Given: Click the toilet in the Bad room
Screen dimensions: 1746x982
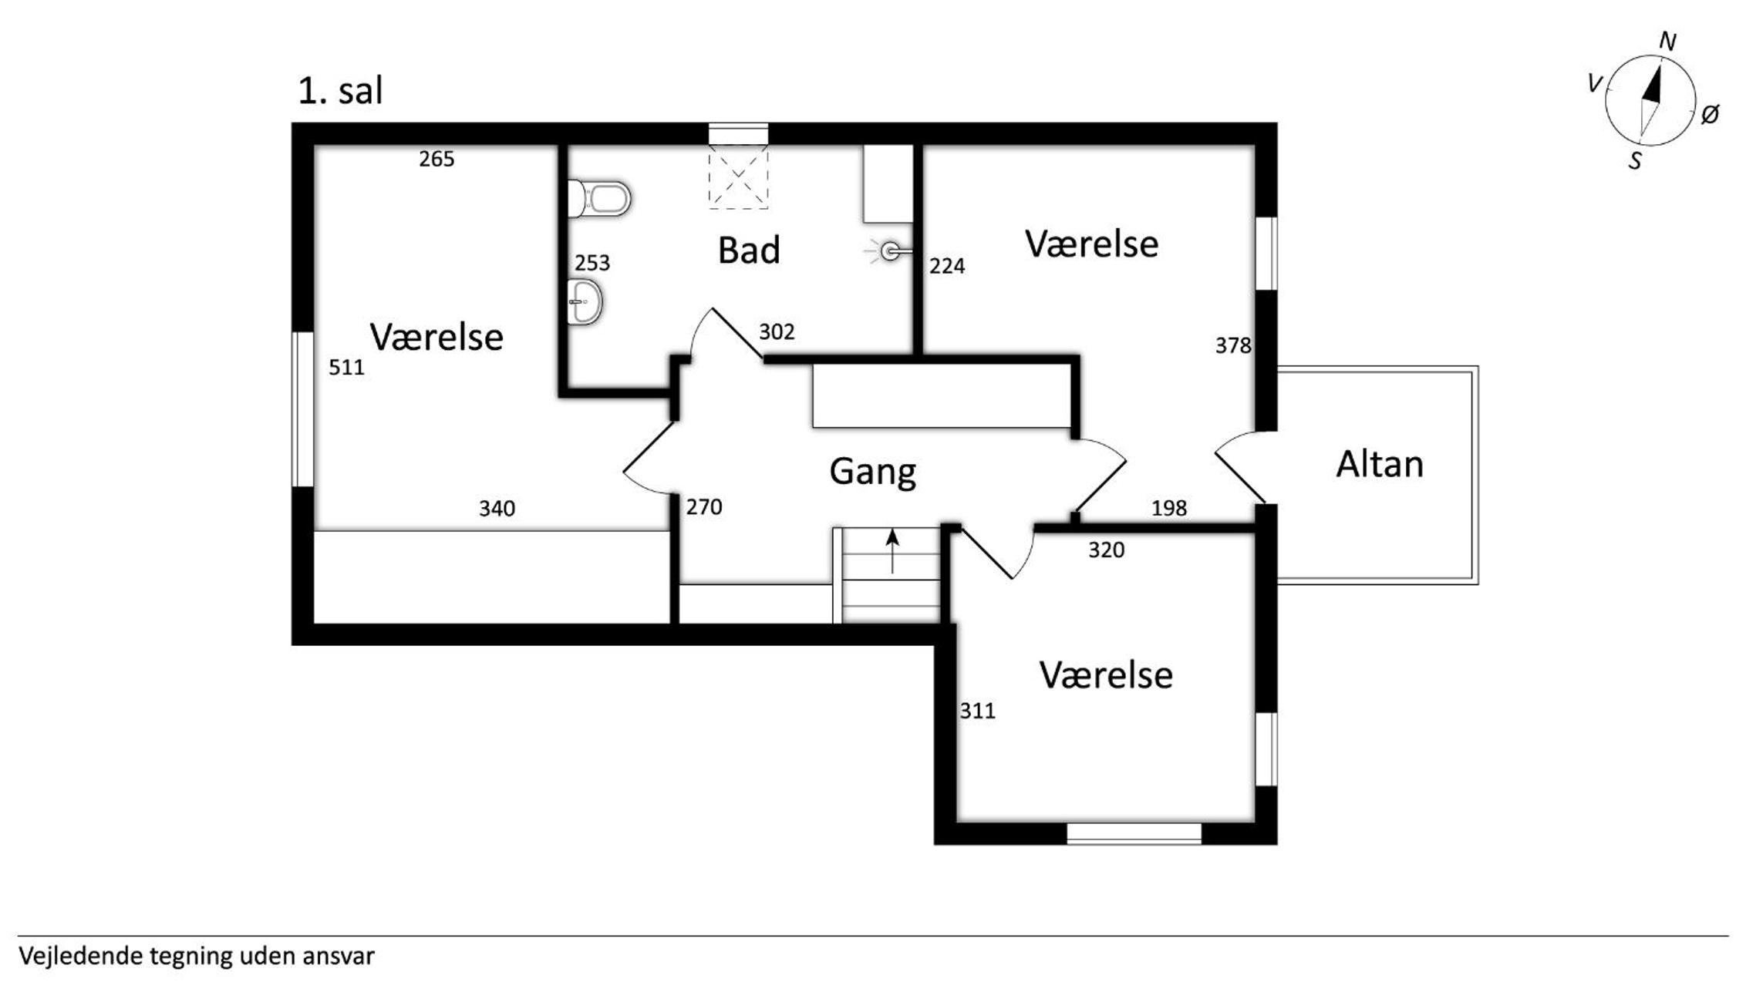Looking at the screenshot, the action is point(599,199).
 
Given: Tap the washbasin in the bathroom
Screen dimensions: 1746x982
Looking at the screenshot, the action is point(585,301).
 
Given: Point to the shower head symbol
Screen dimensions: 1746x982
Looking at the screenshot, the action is point(889,251).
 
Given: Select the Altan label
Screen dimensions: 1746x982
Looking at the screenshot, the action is point(1380,464).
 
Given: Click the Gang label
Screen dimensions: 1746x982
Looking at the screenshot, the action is point(872,472).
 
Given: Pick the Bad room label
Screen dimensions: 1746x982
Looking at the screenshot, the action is point(749,250).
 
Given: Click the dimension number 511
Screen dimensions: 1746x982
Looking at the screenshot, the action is point(346,367).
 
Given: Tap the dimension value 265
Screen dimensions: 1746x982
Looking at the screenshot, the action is point(436,159).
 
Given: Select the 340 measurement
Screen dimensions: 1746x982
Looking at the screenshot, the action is point(497,509).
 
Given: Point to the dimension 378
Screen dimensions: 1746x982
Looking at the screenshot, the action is point(1233,345).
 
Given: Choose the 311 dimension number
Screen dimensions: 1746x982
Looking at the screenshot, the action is point(977,711).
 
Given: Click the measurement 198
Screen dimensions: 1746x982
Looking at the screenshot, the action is point(1169,508).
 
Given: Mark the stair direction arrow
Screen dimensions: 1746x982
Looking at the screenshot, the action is point(892,551).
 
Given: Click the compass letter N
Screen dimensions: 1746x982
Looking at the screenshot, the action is point(1667,42).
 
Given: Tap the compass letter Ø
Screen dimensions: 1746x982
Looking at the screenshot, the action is point(1710,115).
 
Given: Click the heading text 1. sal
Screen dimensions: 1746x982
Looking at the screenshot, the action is point(340,91).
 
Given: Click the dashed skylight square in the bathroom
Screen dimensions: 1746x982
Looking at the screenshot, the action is point(738,177).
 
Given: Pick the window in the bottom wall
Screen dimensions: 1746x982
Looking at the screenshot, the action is point(1134,833).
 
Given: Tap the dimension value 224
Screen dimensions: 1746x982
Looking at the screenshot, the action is point(947,266).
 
